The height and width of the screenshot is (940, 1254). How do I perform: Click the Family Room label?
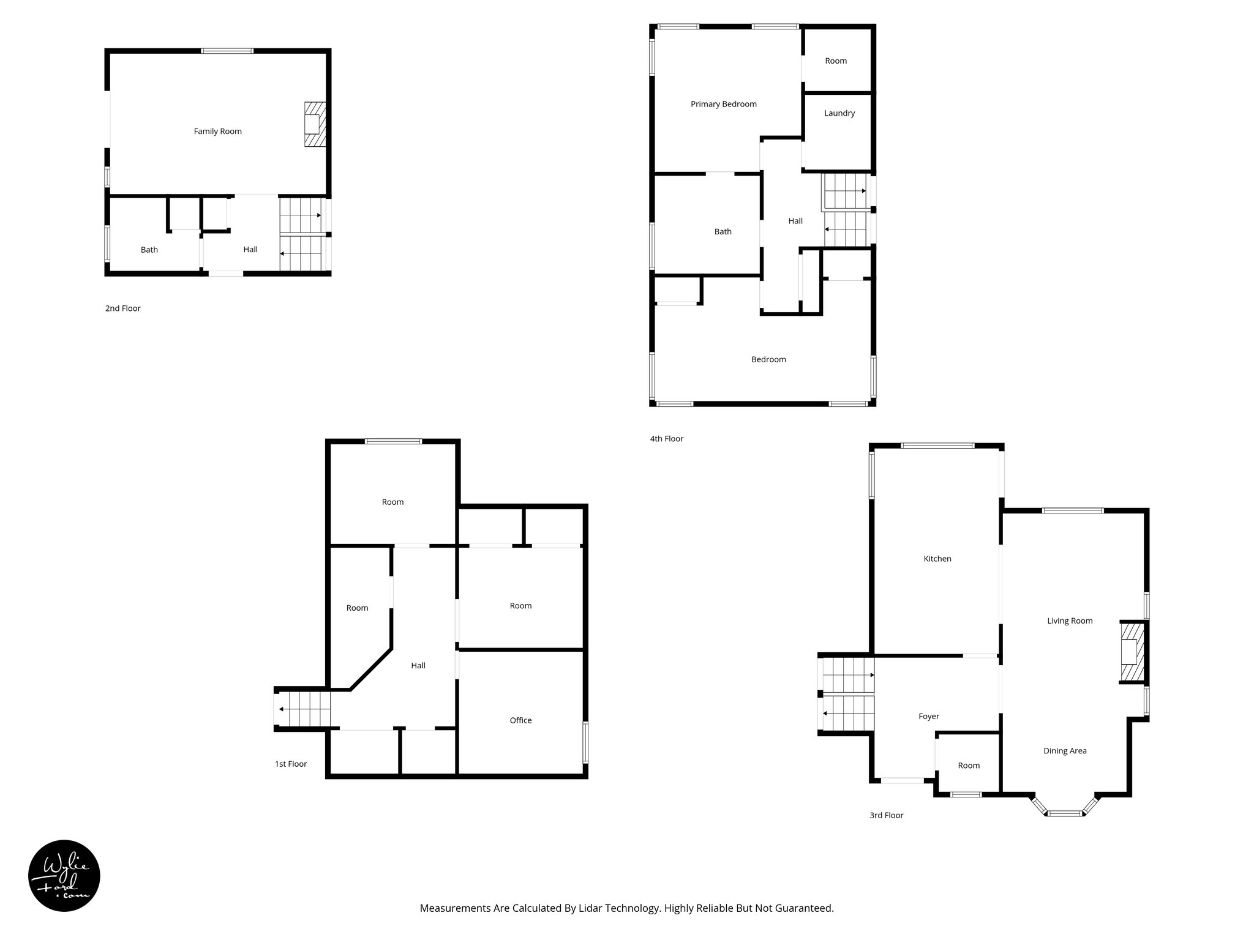pos(217,131)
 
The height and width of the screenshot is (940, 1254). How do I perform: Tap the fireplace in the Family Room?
pos(314,125)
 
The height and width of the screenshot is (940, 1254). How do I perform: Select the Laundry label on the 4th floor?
pos(839,113)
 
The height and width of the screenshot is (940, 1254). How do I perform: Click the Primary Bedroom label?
pos(723,104)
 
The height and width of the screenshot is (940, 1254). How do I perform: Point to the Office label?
pos(520,720)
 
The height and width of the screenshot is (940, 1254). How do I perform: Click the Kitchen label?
pos(937,559)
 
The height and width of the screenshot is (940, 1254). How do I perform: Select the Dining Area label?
pos(1065,751)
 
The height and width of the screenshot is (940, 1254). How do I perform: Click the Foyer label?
pos(928,716)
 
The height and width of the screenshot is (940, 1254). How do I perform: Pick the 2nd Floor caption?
pos(122,308)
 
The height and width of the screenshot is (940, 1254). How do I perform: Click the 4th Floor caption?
pos(666,439)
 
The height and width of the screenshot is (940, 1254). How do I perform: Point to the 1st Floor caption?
pos(290,764)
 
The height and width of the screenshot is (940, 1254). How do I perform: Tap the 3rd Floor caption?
pos(886,815)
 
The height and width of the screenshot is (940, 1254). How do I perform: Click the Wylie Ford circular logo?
pos(64,876)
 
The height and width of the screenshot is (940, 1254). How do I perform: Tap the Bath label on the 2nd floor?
pos(149,250)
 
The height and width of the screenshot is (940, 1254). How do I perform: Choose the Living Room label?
pos(1069,621)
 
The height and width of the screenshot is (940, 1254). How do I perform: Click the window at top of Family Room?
pos(227,51)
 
